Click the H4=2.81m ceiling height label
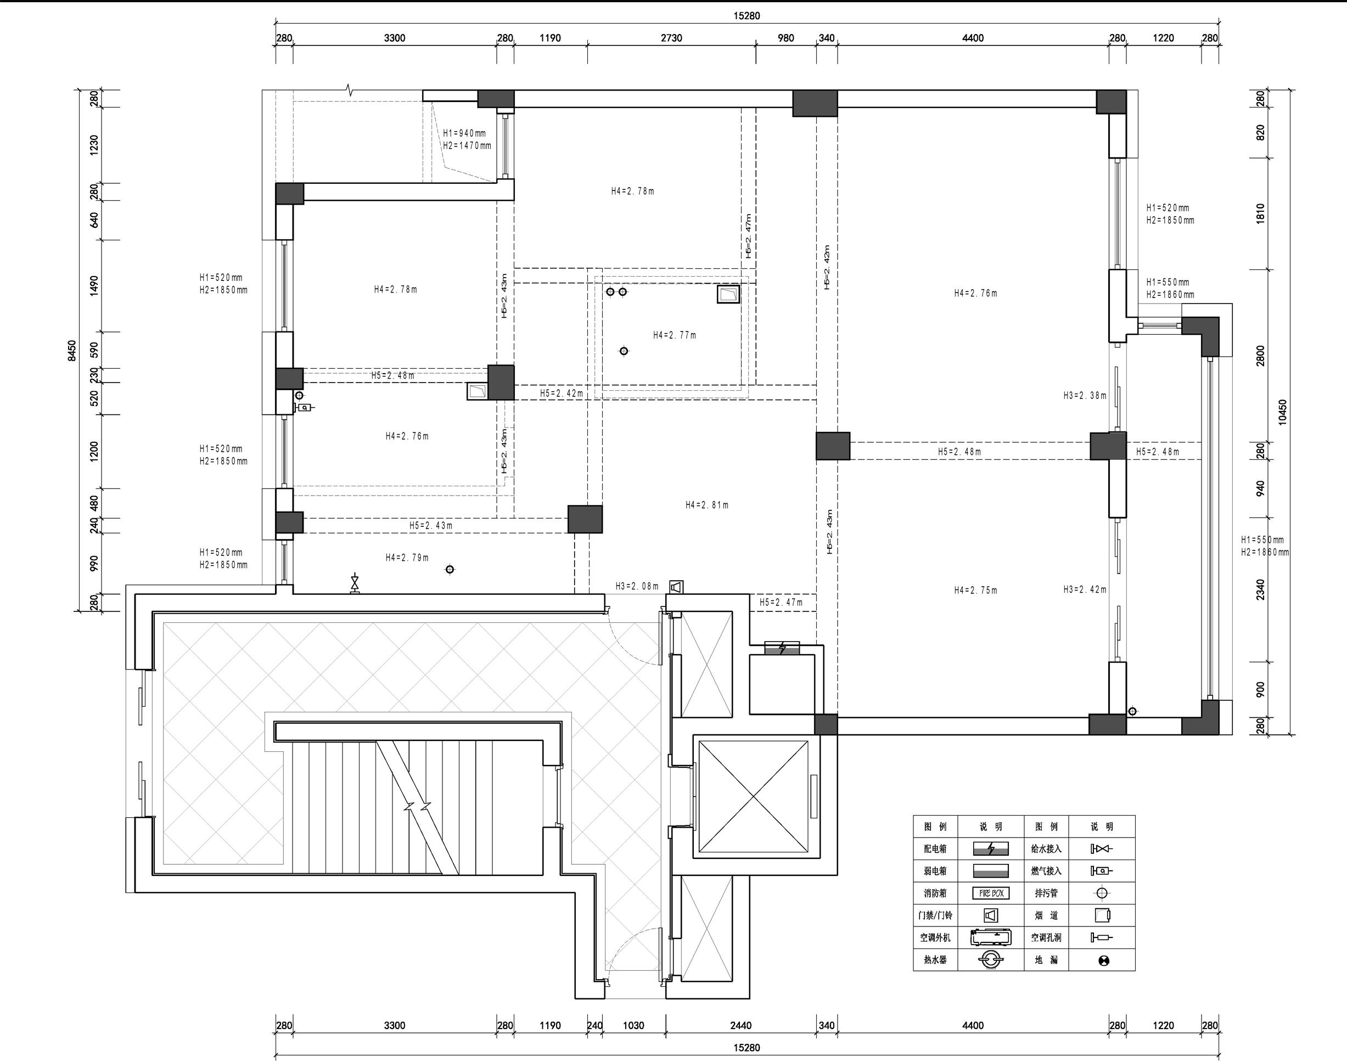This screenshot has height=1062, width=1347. (707, 505)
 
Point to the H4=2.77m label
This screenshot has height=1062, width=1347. (675, 335)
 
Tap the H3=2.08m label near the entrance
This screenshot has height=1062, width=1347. (637, 586)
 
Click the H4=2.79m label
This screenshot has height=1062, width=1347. (407, 557)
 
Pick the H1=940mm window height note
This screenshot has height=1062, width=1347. (464, 133)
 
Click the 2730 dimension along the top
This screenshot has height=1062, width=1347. (672, 38)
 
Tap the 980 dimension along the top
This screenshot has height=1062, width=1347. (786, 38)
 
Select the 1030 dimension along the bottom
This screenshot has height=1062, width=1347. (633, 1025)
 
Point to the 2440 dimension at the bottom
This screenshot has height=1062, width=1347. (740, 1025)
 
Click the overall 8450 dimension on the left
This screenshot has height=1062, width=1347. (72, 351)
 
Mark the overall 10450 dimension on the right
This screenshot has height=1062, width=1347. (1282, 412)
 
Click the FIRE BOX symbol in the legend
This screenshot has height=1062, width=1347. (991, 894)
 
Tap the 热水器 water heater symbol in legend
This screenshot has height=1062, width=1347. (991, 959)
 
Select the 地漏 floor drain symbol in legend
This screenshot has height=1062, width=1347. (1103, 960)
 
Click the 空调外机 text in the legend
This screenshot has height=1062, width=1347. (935, 937)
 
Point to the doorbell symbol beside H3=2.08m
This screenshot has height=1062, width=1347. (677, 587)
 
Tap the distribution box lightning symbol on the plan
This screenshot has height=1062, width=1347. (782, 649)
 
